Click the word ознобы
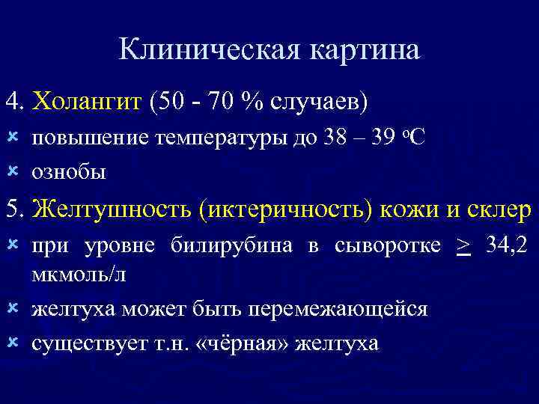(68, 171)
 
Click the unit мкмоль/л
(79, 274)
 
